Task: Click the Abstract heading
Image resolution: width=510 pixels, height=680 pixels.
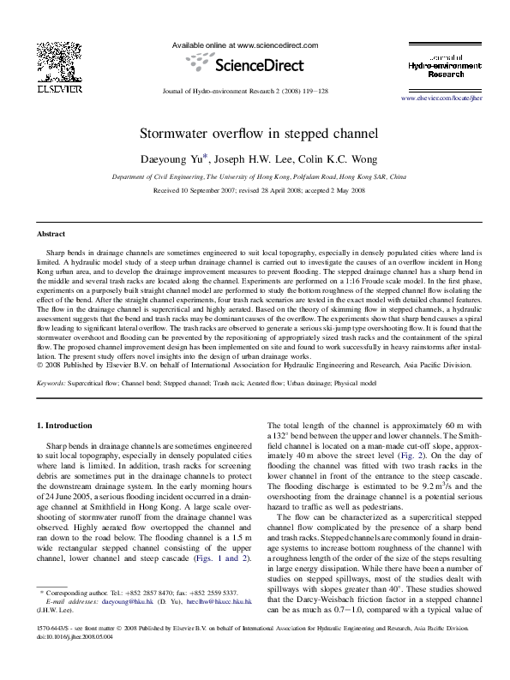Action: tap(51, 234)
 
